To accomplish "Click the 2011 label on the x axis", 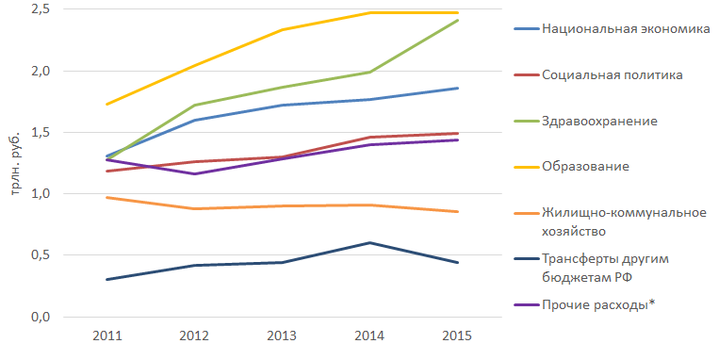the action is coord(107,335).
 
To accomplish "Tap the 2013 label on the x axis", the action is coord(282,335).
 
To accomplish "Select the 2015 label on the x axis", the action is coord(457,335).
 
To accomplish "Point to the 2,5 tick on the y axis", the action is coord(41,9).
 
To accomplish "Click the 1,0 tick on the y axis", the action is coord(41,193).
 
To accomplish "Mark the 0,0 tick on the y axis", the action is coord(41,317).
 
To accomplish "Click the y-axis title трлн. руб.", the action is coord(16,164).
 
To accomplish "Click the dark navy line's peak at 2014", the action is coord(369,242).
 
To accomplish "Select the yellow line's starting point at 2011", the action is coord(106,104).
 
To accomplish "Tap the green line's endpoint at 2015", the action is coord(457,21).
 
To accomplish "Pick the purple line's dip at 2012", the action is coord(195,173).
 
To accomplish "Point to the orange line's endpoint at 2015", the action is coord(457,211).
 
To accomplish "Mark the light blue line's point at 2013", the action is coord(282,105).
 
